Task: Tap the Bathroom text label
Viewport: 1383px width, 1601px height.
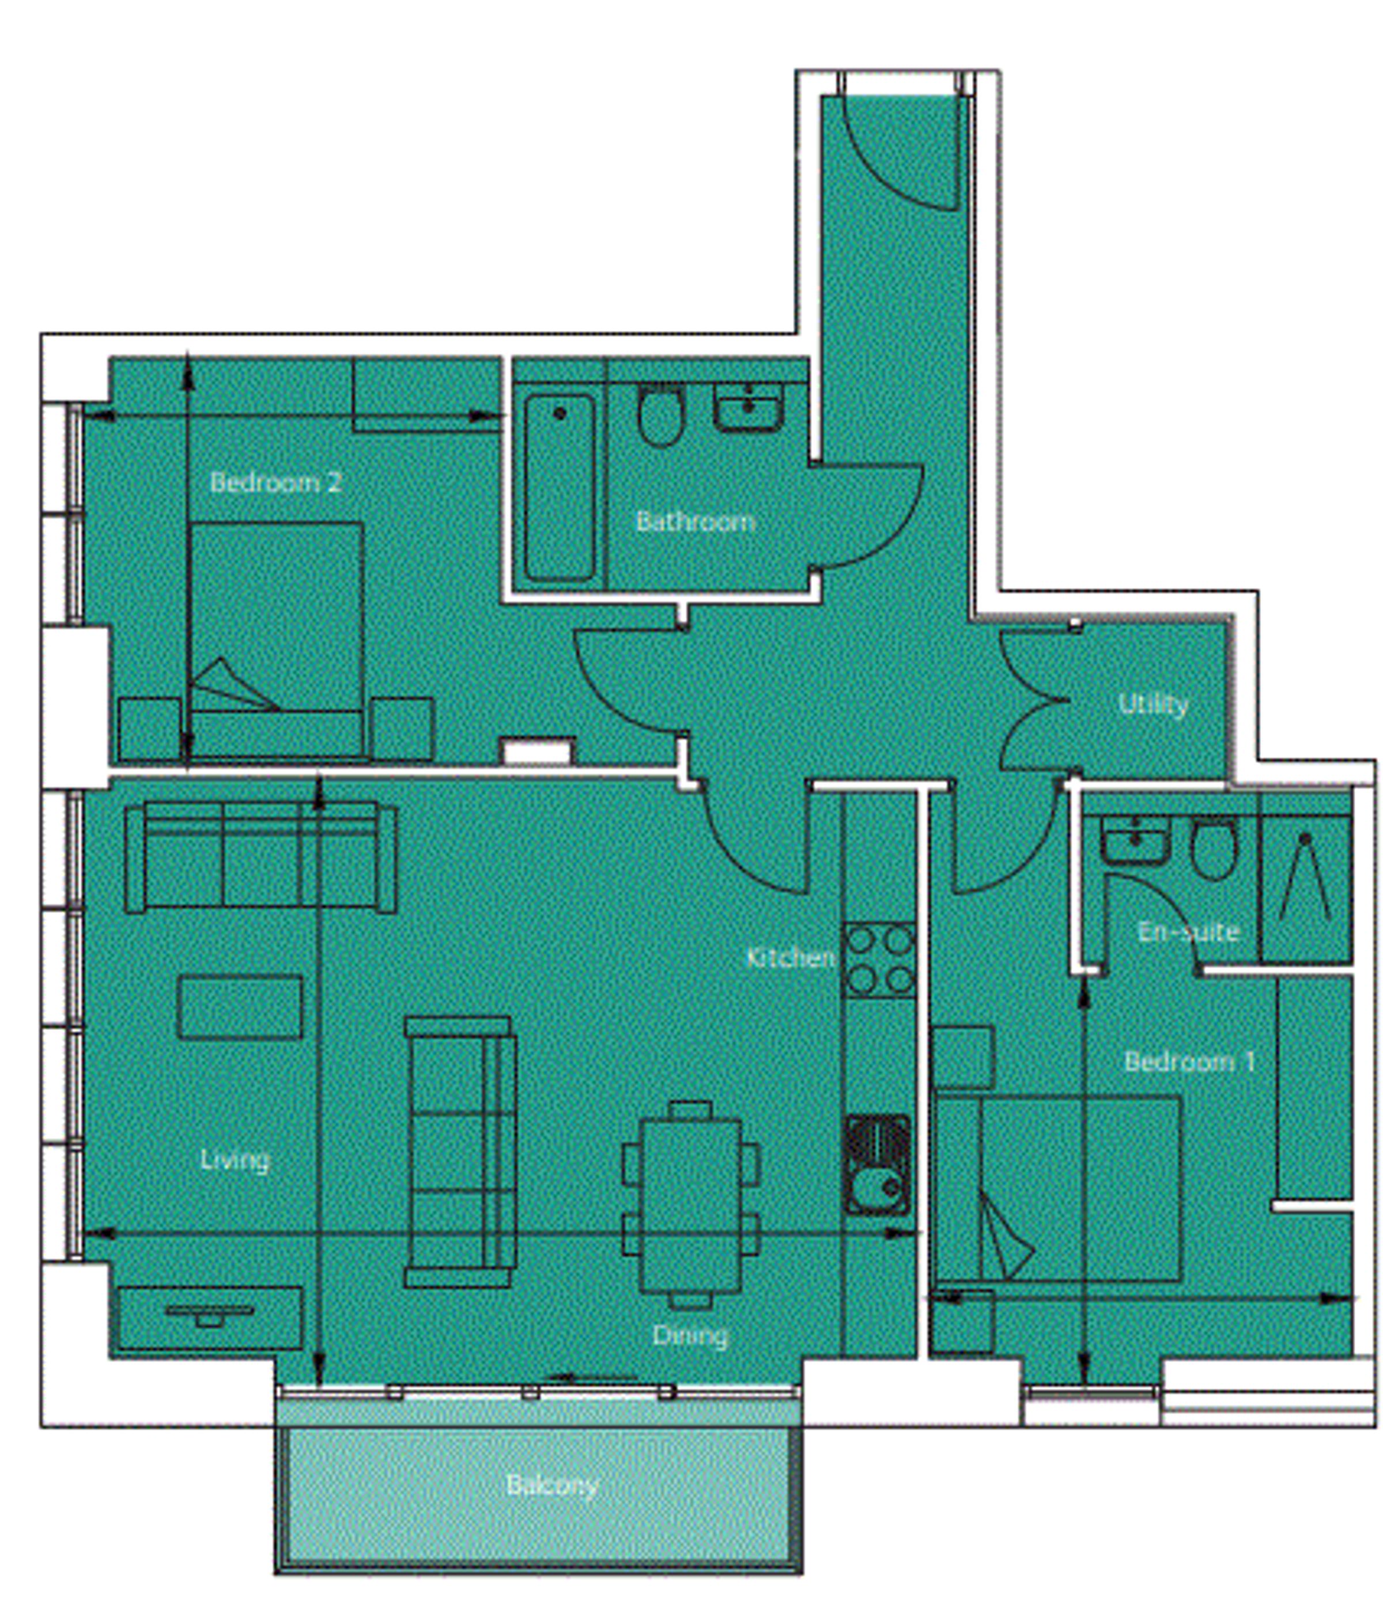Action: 696,522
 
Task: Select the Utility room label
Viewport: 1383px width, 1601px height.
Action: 1152,705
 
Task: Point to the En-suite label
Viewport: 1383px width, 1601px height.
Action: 1188,932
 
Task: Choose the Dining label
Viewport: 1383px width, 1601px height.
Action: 690,1335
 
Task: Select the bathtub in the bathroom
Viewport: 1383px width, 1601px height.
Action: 560,488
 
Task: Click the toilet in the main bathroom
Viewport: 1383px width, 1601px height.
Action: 660,415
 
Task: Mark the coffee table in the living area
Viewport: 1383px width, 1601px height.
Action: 240,1007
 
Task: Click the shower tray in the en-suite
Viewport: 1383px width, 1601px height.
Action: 1306,878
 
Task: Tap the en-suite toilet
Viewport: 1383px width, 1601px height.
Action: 1213,849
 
